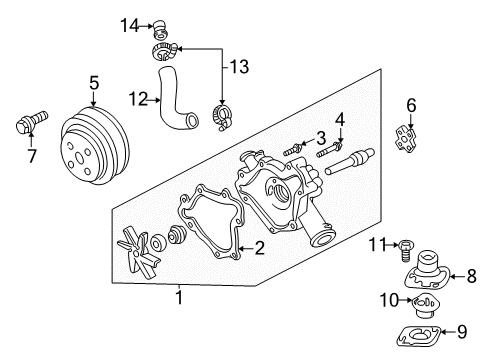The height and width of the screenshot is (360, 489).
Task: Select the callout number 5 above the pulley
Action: coord(94,84)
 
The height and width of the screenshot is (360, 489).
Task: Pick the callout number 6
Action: coord(411,105)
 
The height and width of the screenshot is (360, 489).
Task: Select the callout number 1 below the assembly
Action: coord(180,296)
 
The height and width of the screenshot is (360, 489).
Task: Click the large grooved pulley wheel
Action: coord(92,146)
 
